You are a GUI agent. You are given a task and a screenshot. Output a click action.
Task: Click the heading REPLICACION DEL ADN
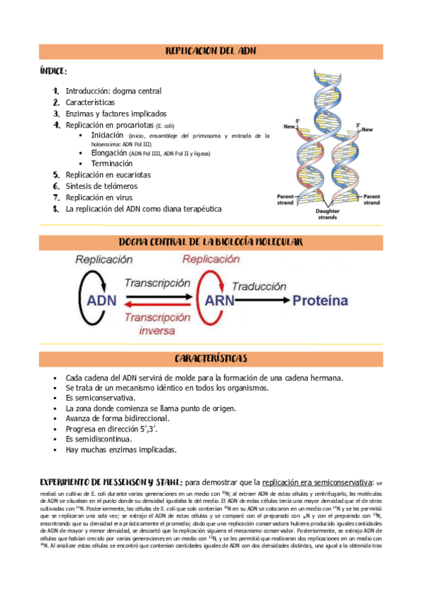click(x=211, y=51)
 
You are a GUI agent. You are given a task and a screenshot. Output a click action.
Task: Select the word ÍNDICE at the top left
click(x=54, y=72)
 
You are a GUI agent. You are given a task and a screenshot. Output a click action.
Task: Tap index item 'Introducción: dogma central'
click(x=113, y=91)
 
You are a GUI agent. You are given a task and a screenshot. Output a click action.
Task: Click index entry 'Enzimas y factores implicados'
click(x=116, y=114)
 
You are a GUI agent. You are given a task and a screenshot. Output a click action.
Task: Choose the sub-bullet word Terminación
click(x=111, y=164)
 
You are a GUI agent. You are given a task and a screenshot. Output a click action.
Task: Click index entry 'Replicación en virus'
click(x=99, y=197)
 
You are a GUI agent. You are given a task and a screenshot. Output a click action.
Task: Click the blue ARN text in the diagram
click(x=221, y=301)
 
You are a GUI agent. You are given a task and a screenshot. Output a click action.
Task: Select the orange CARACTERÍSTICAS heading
click(x=211, y=359)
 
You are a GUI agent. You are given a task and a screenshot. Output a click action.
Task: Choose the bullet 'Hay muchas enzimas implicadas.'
click(x=121, y=449)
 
